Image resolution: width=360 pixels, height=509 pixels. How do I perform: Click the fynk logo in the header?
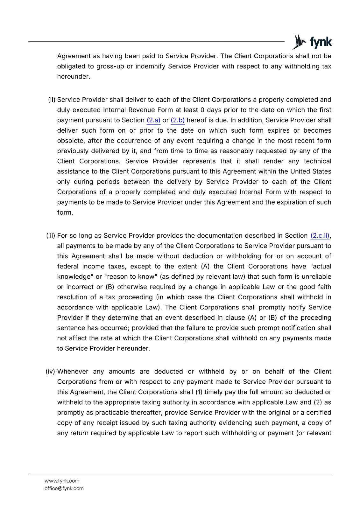point(312,42)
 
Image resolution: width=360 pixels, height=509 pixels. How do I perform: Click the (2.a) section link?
point(153,120)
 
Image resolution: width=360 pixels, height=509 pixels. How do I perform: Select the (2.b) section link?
point(178,120)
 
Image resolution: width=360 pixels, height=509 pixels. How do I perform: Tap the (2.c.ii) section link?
point(320,236)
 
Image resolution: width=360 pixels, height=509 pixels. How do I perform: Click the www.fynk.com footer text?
point(62,481)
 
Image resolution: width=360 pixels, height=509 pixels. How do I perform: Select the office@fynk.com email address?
point(64,488)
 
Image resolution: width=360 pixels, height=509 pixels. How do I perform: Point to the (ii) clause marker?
point(52,100)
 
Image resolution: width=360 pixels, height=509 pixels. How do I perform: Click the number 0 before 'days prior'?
point(202,110)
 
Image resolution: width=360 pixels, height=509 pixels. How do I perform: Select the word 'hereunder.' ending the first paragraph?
point(74,77)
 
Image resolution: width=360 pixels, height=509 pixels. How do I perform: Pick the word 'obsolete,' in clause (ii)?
point(71,141)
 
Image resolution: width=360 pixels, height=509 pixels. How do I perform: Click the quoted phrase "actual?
point(320,267)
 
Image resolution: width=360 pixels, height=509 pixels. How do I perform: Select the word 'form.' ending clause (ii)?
point(65,213)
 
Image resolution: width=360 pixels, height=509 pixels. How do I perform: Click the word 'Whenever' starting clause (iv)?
point(73,372)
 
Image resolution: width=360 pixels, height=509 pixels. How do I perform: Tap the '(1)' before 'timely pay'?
point(199,392)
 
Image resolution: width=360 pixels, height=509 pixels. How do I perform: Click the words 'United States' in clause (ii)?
point(310,172)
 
